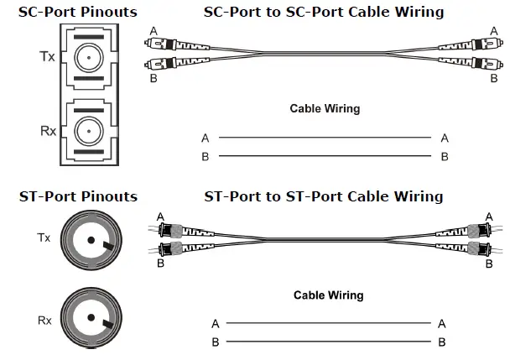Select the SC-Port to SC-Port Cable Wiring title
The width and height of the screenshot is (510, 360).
click(324, 13)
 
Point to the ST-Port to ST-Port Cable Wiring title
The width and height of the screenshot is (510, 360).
click(324, 196)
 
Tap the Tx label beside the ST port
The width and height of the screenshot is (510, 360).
click(44, 238)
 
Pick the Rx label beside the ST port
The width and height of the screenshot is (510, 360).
click(44, 319)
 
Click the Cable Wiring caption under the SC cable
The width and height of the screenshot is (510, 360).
click(325, 108)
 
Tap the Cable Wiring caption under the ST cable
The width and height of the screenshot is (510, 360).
click(328, 295)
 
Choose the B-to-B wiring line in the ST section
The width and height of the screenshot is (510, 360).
click(328, 342)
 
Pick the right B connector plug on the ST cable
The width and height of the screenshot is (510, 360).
click(479, 248)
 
